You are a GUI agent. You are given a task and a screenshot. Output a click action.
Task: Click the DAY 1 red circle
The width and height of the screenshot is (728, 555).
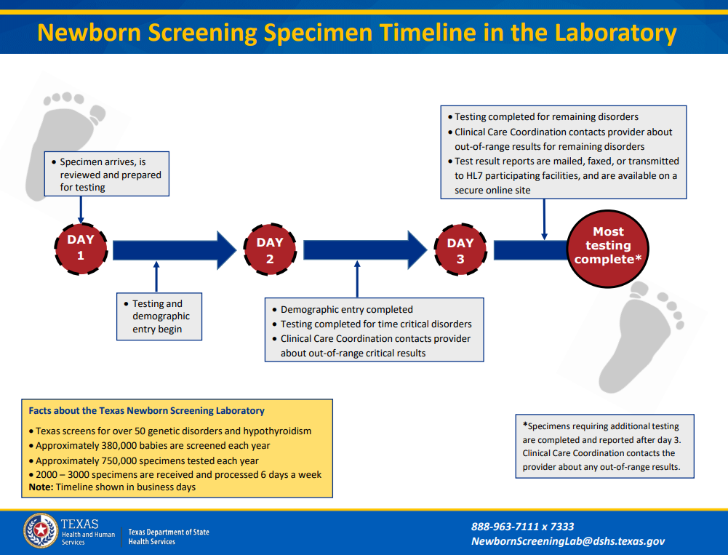[x=81, y=248]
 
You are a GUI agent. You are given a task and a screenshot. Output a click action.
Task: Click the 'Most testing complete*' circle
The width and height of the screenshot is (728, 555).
[x=608, y=246]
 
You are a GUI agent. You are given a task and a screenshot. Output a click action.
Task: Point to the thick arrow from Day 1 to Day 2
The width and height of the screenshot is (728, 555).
[x=175, y=250]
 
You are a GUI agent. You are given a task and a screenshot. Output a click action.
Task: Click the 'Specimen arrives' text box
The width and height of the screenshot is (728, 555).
[x=106, y=175]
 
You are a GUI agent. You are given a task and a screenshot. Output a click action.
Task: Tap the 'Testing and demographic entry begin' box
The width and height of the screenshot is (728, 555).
[x=159, y=316]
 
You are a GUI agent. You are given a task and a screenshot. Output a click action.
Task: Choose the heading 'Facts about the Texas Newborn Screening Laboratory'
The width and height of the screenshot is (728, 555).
[x=146, y=410]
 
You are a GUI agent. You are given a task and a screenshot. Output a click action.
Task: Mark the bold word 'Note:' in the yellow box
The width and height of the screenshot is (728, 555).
[x=41, y=487]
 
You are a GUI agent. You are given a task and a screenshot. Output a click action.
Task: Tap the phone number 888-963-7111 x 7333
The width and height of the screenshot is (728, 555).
[x=522, y=527]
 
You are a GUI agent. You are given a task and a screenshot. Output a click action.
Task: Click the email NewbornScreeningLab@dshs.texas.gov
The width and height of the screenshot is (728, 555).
[x=567, y=541]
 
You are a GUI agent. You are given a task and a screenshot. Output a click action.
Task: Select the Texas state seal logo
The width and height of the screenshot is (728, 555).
[x=40, y=531]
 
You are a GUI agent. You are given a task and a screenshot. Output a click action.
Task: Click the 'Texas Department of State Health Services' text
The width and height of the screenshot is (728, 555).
[x=169, y=537]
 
